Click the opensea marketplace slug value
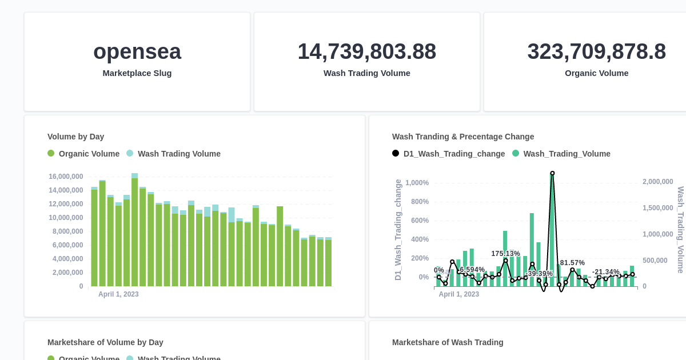pos(137,51)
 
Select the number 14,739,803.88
pos(366,51)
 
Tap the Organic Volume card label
pos(596,73)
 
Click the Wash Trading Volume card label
pos(366,73)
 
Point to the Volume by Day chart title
pos(75,137)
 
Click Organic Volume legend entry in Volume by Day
pos(83,154)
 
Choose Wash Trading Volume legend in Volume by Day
pos(173,154)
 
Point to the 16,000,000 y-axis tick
pos(66,177)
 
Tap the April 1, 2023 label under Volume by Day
pos(118,294)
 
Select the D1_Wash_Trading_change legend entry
pos(449,154)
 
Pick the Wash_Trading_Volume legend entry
pos(561,154)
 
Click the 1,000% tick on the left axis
pos(417,183)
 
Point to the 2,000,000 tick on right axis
pos(657,182)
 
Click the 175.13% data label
pos(505,254)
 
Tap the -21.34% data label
pos(605,272)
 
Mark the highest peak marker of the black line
pos(552,173)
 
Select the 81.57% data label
pos(572,263)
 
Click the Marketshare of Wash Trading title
pos(448,342)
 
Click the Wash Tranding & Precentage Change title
pos(463,137)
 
